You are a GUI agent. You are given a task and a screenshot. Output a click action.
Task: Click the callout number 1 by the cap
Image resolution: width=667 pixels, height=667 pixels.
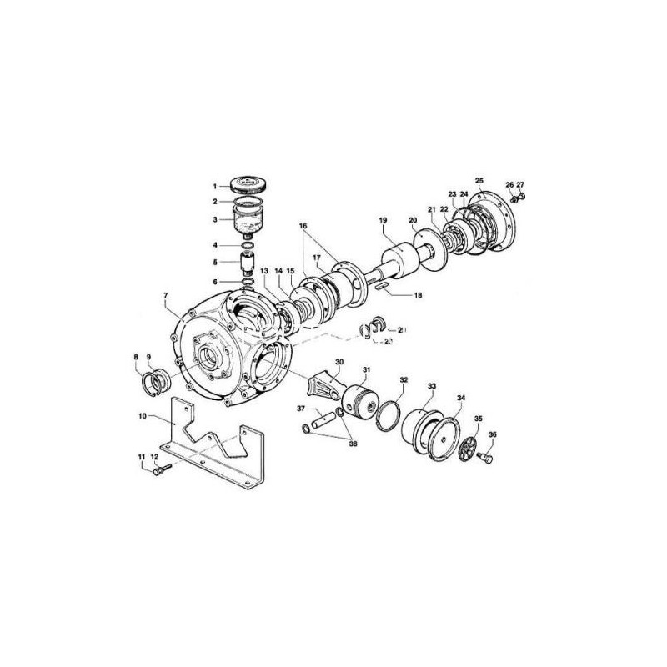(x=213, y=185)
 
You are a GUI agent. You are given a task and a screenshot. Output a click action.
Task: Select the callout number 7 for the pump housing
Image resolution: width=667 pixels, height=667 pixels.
(x=167, y=297)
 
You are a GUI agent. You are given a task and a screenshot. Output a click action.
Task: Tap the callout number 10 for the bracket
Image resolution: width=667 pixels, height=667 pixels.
(x=143, y=414)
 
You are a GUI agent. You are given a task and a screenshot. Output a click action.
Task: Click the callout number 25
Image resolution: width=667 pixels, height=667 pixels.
(x=479, y=180)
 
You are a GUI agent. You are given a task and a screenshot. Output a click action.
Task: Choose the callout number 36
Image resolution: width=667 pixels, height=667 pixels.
(x=492, y=434)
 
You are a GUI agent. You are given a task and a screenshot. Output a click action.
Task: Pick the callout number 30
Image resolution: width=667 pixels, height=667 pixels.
(x=339, y=362)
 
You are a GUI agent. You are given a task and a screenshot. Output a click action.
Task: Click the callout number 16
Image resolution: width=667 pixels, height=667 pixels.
(x=303, y=226)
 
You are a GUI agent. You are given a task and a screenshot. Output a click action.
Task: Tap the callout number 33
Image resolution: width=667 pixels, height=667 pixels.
(x=431, y=387)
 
